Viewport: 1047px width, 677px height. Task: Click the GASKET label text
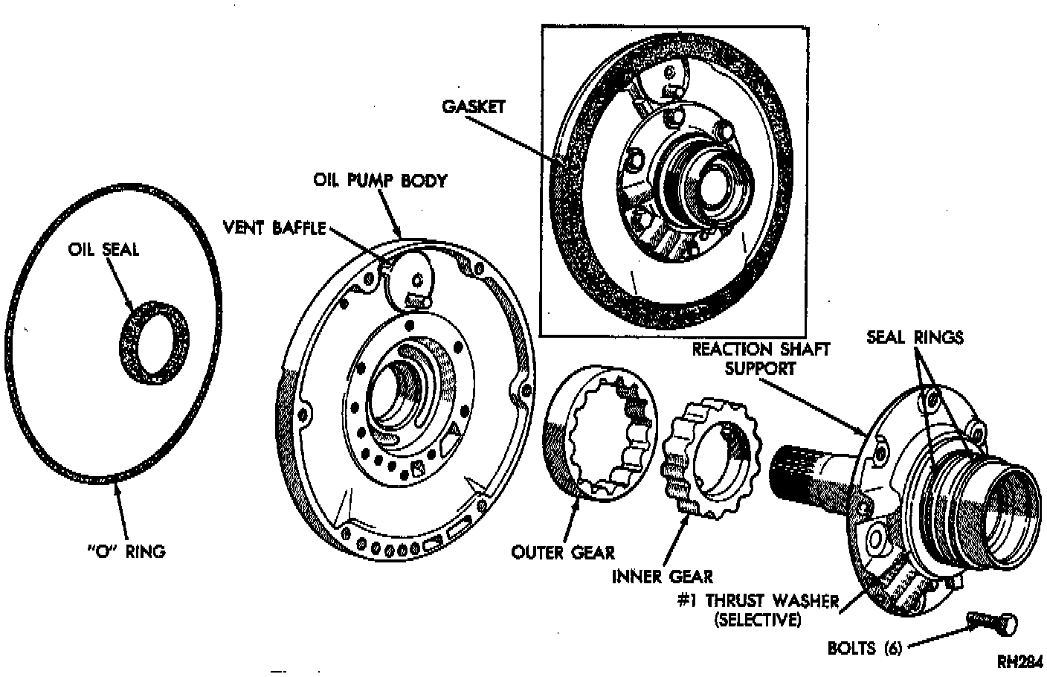tap(474, 106)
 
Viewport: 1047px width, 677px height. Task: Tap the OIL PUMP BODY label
tap(380, 181)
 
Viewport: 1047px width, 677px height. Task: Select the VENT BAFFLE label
tap(275, 228)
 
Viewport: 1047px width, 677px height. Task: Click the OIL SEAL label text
tap(103, 248)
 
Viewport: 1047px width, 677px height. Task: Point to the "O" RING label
tap(126, 551)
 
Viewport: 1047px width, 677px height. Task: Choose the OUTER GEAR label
tap(563, 552)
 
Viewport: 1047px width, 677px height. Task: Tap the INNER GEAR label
tap(662, 576)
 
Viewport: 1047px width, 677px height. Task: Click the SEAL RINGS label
tap(915, 337)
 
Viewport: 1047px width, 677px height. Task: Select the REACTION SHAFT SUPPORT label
tap(761, 358)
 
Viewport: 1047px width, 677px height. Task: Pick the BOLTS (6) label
tap(865, 648)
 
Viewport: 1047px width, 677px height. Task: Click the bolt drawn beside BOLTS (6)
tap(994, 622)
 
